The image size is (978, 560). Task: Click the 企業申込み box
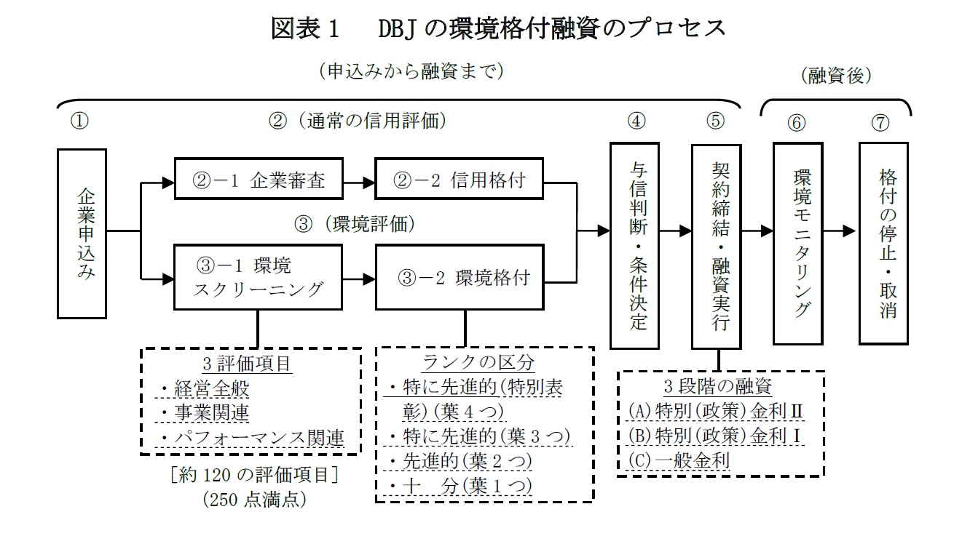(83, 233)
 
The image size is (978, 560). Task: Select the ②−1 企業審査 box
(259, 178)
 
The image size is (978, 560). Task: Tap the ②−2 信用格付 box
(460, 178)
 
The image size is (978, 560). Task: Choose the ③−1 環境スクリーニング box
(259, 277)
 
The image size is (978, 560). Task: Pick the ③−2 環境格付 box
(460, 277)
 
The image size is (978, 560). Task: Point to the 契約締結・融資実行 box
(718, 246)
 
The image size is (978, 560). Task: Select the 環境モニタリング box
(800, 243)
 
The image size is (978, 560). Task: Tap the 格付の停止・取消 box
(884, 243)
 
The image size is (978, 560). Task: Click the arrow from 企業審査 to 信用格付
(358, 178)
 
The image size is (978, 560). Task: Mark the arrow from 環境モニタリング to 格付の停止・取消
(841, 231)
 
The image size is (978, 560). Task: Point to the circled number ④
(636, 121)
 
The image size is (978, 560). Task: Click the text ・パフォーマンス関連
(251, 436)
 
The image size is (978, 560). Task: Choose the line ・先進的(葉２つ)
(459, 460)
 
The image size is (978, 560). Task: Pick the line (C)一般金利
(678, 460)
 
